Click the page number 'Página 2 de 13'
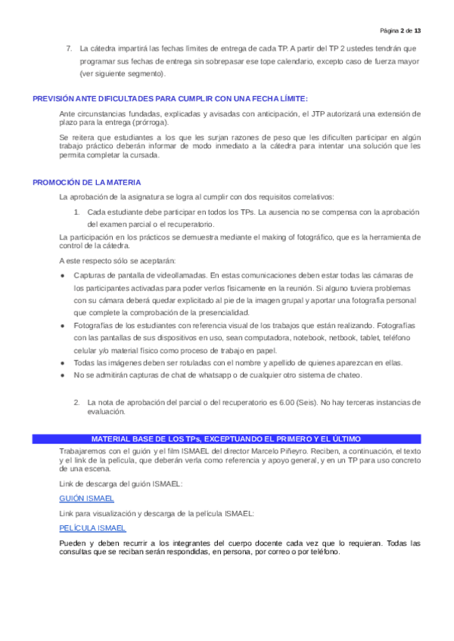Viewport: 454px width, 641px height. click(x=401, y=30)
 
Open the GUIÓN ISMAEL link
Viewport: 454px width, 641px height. click(x=86, y=498)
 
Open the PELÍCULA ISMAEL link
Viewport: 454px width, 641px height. click(x=92, y=528)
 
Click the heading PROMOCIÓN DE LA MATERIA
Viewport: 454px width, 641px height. click(x=87, y=183)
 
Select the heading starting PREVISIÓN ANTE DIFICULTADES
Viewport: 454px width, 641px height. click(x=170, y=99)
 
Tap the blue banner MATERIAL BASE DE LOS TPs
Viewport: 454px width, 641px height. click(x=226, y=438)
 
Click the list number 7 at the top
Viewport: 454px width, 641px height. click(x=69, y=48)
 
